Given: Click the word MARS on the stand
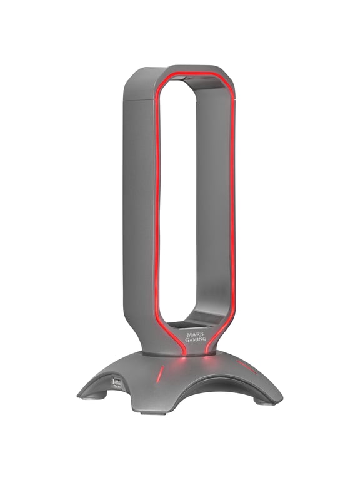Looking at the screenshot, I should tap(194, 334).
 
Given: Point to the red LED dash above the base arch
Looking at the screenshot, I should tap(160, 374).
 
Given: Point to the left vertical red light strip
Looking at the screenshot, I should tap(157, 206).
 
